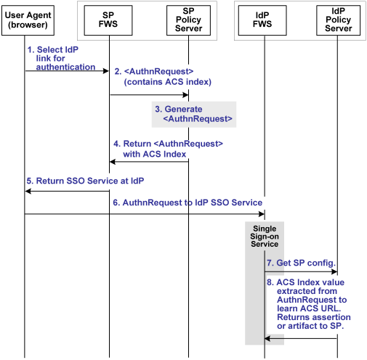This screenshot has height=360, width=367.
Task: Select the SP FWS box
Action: pos(109,20)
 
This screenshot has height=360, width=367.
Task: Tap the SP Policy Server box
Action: pos(188,20)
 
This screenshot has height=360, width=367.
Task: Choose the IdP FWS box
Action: pos(265,20)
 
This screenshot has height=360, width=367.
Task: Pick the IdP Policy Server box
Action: pos(337,20)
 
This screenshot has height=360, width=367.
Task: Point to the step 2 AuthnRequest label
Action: pos(163,77)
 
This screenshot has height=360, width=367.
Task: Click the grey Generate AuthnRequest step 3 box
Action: pos(194,113)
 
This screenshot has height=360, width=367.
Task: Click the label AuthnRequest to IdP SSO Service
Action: pos(187,202)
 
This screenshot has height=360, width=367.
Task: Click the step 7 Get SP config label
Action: pos(299,261)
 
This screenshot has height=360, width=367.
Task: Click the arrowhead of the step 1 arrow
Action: pos(105,71)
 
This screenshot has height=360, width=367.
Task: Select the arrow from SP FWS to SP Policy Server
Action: pos(149,95)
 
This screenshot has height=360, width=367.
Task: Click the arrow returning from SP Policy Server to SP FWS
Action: pos(149,162)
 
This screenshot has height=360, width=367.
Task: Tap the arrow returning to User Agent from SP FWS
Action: pos(67,192)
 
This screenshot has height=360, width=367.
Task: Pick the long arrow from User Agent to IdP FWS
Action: pos(145,214)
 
